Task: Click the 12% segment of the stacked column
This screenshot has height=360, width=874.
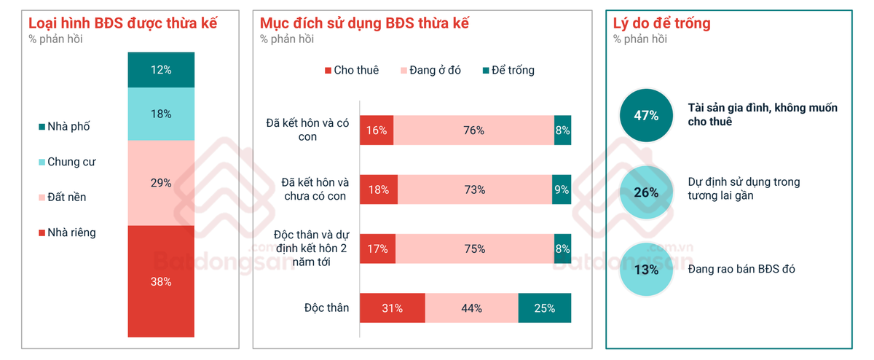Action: pyautogui.click(x=161, y=70)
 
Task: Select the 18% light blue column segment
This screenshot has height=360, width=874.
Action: pyautogui.click(x=161, y=114)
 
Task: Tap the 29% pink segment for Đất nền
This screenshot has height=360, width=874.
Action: pyautogui.click(x=161, y=183)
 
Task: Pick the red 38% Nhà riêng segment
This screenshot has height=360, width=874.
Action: pyautogui.click(x=161, y=281)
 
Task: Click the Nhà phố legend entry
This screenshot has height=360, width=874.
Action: pyautogui.click(x=64, y=127)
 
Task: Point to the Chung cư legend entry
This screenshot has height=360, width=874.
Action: pyautogui.click(x=67, y=162)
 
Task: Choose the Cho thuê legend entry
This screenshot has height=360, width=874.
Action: pyautogui.click(x=352, y=70)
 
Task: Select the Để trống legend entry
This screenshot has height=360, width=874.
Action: pyautogui.click(x=509, y=70)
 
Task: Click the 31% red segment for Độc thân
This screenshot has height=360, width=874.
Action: pyautogui.click(x=393, y=308)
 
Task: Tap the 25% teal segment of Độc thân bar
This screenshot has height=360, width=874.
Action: pyautogui.click(x=545, y=308)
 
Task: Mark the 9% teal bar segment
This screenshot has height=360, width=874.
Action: pyautogui.click(x=562, y=189)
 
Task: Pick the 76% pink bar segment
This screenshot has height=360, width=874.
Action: pyautogui.click(x=473, y=130)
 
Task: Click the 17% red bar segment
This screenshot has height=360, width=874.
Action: pyautogui.click(x=378, y=249)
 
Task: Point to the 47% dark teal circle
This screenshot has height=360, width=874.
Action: pyautogui.click(x=647, y=115)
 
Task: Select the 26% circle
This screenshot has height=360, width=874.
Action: pyautogui.click(x=647, y=192)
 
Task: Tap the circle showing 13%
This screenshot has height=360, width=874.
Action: pyautogui.click(x=647, y=270)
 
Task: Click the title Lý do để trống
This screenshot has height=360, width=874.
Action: pyautogui.click(x=662, y=23)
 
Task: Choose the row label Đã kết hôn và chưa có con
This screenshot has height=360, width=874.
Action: pyautogui.click(x=315, y=189)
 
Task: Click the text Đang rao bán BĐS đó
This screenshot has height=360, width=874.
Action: pyautogui.click(x=741, y=269)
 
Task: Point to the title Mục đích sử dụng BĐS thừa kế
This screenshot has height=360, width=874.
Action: pyautogui.click(x=364, y=23)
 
